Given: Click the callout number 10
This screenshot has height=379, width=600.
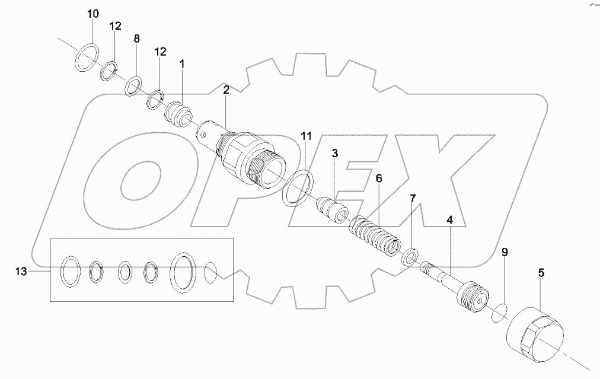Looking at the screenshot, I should pos(93,14).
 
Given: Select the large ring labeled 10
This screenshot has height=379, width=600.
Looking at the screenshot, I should pos(88,56).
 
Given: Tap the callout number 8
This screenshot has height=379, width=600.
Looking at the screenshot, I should pos(136,39).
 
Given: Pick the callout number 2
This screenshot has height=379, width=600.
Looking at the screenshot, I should pos(226,90).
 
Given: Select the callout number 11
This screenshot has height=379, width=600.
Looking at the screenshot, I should pos(305,136).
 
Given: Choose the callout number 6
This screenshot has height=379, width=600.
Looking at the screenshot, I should pos(378,177).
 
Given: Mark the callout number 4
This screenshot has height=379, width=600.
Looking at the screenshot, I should pos(449,220).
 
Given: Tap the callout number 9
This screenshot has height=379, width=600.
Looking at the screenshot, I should pos(505,253).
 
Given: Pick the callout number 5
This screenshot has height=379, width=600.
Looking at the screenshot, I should pos(541,273).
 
